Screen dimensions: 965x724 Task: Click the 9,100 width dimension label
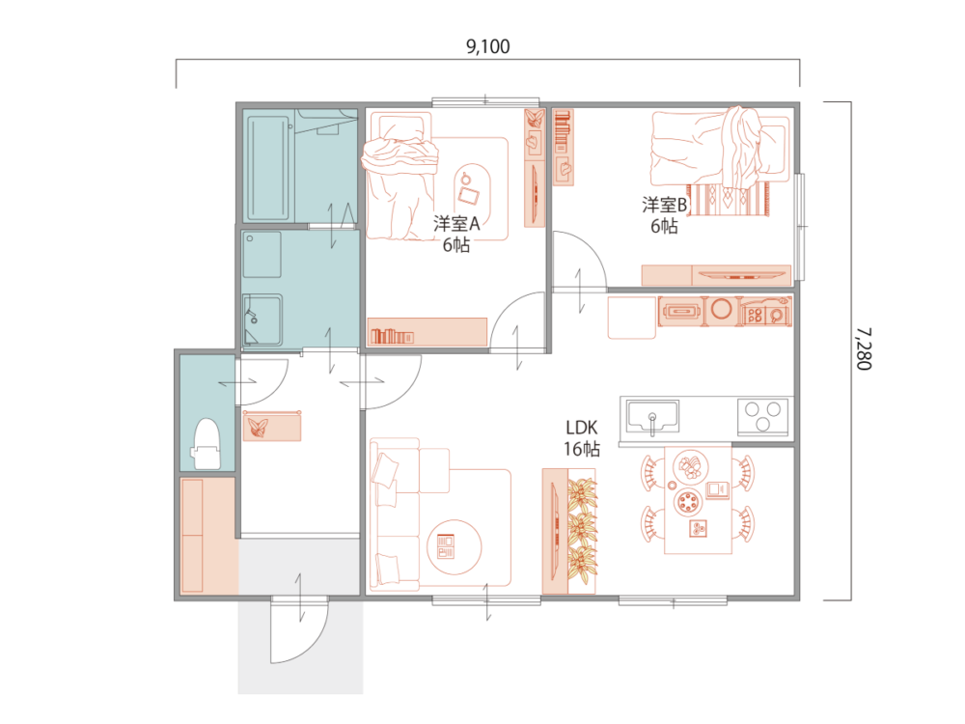point(487,46)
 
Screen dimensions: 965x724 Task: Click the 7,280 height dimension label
point(864,348)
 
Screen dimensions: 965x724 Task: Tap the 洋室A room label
point(456,224)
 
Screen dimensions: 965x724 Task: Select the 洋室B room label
point(664,205)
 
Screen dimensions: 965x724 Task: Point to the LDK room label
point(582,428)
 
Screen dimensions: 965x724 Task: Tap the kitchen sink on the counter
point(653,417)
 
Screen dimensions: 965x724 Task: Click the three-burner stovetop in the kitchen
point(762,415)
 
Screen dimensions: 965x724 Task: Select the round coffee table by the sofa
point(455,546)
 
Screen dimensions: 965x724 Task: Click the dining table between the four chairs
point(698,499)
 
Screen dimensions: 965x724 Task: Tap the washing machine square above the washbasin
point(262,254)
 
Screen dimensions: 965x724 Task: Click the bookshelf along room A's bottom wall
point(427,332)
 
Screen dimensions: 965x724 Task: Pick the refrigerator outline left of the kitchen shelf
point(632,318)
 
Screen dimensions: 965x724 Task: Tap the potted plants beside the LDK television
point(582,531)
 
